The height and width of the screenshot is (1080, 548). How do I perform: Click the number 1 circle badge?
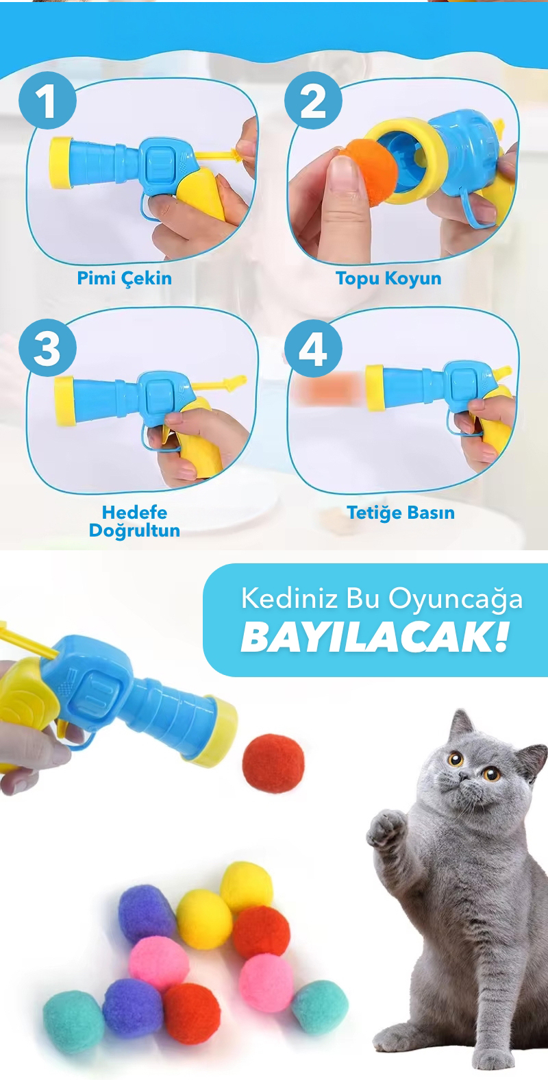click(47, 100)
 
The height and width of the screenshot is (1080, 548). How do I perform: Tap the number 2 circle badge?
click(313, 100)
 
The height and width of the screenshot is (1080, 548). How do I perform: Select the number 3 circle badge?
click(47, 347)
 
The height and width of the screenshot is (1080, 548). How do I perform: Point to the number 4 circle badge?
click(313, 349)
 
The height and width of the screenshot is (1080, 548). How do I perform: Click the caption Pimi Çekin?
click(125, 278)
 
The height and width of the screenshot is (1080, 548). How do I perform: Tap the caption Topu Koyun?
click(388, 279)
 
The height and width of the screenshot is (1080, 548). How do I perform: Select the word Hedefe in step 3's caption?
click(134, 512)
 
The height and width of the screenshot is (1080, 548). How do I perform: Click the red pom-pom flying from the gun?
click(273, 763)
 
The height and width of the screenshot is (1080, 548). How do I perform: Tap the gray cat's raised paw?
click(386, 829)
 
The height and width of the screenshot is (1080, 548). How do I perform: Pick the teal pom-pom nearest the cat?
click(319, 1007)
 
